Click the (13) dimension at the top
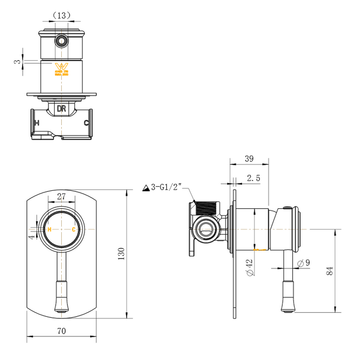(62, 15)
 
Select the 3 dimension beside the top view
(18, 62)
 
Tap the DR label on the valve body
(61, 109)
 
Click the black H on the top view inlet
(36, 123)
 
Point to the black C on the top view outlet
(87, 123)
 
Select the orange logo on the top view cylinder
(61, 69)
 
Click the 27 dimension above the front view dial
(61, 196)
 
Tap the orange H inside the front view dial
(49, 229)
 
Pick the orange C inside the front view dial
(74, 229)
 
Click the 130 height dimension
(122, 253)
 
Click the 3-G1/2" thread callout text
(167, 187)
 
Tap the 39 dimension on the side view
(249, 159)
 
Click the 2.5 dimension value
(253, 178)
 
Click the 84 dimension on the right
(330, 270)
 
